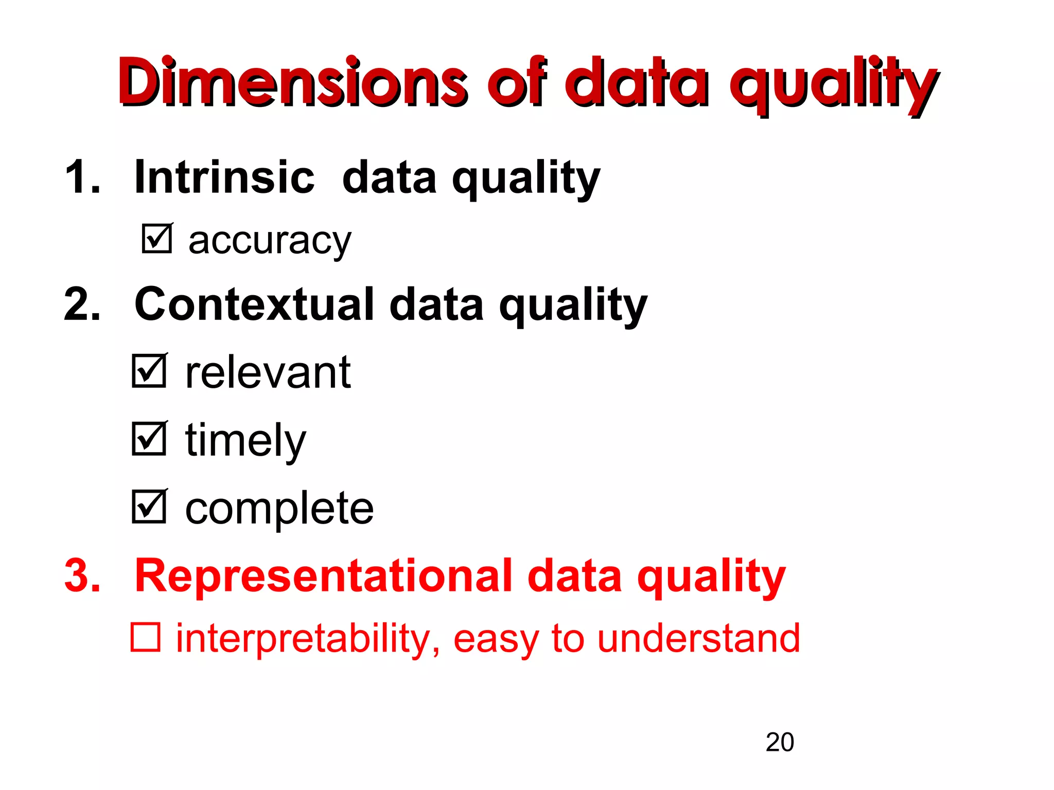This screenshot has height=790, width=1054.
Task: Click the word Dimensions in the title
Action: (292, 82)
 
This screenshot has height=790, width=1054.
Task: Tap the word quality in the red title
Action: (834, 85)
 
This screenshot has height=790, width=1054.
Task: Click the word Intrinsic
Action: (224, 177)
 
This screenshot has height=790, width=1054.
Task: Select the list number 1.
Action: (82, 177)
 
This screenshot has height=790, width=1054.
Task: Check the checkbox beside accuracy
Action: (156, 239)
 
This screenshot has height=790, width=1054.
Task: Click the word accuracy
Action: (269, 241)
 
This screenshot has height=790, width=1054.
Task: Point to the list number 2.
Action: (82, 304)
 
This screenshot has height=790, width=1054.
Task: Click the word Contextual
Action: (254, 304)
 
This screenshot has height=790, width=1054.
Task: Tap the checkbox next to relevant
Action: (149, 371)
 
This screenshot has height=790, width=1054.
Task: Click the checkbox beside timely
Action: (149, 439)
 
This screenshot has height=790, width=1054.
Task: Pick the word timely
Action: (245, 440)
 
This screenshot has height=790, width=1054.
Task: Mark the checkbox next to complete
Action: (149, 507)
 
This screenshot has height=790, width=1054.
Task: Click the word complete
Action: (279, 508)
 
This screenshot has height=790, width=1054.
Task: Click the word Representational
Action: (324, 576)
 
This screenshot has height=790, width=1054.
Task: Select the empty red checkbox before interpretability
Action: (146, 637)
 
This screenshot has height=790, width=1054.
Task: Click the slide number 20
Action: (779, 742)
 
